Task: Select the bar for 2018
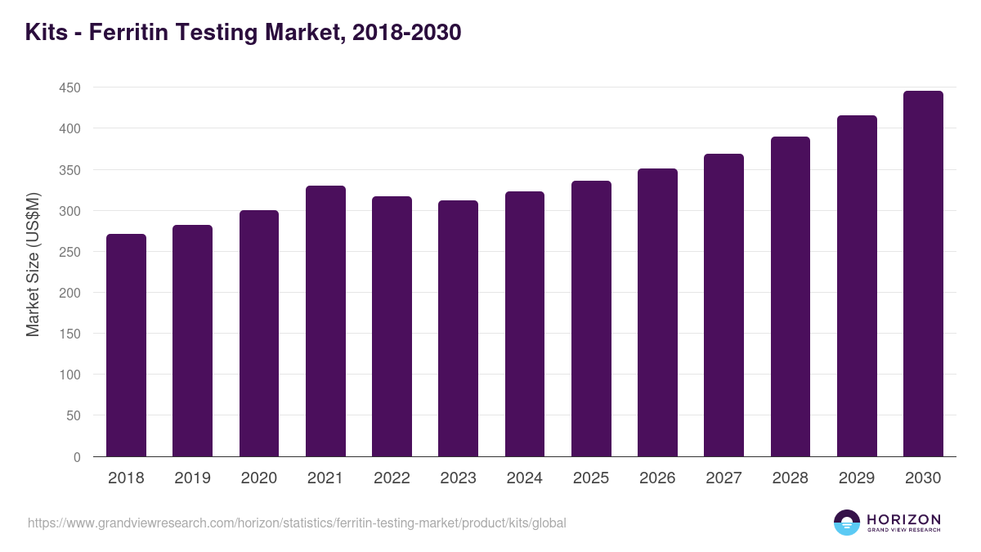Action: click(x=126, y=345)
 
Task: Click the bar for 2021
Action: click(x=325, y=321)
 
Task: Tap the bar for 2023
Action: click(x=458, y=329)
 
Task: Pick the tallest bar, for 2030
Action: click(x=923, y=274)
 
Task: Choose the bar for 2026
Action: click(x=657, y=312)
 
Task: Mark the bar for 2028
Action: click(x=791, y=297)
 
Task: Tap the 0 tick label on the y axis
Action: click(x=77, y=457)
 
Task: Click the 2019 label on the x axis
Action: click(x=192, y=478)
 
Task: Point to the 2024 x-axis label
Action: click(x=524, y=478)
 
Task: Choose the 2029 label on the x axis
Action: click(x=857, y=478)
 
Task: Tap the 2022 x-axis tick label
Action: click(x=392, y=478)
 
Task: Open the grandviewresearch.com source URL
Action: click(x=297, y=523)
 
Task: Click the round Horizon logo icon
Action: click(x=846, y=523)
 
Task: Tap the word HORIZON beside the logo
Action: click(x=903, y=519)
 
